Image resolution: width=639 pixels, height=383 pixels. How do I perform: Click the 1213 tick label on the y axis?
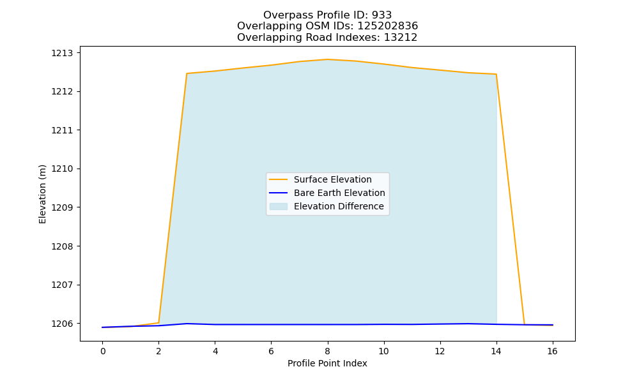tap(61, 53)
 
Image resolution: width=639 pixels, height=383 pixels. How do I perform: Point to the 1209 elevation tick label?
tap(61, 207)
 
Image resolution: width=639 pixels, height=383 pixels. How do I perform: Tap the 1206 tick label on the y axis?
tap(61, 324)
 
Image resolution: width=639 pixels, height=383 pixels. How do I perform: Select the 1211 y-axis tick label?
tap(61, 130)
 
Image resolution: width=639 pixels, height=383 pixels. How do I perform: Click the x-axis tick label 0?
tap(103, 351)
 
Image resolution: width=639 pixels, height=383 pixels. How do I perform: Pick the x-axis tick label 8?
tap(328, 351)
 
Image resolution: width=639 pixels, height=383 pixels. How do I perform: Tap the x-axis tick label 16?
tap(552, 351)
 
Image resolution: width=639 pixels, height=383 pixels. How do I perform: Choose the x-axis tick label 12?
tap(440, 351)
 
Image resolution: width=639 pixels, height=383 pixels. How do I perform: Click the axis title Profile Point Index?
tap(327, 363)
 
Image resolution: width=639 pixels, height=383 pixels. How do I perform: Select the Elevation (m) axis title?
tap(42, 194)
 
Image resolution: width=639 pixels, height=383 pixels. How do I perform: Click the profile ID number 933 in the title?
tap(381, 15)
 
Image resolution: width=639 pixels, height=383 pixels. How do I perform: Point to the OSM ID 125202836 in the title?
tap(388, 26)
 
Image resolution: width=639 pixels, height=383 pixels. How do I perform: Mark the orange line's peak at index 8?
tap(328, 59)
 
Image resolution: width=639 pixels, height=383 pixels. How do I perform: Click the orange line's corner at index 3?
tap(187, 73)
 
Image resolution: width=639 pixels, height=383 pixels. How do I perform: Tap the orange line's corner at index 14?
tap(496, 74)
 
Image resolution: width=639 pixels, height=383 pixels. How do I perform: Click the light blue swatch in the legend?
tap(279, 206)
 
